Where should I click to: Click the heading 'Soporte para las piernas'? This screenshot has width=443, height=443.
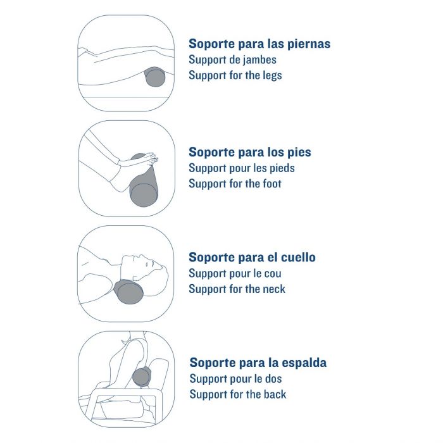[x=259, y=44]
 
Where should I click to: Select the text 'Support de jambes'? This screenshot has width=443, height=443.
[x=232, y=60]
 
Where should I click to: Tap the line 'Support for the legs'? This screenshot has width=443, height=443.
[x=235, y=76]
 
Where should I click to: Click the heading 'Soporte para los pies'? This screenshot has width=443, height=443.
[x=250, y=153]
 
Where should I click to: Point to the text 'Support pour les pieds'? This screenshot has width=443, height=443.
[x=242, y=168]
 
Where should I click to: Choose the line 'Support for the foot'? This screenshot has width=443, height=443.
[x=235, y=184]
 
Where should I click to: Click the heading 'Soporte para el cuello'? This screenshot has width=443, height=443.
[x=252, y=258]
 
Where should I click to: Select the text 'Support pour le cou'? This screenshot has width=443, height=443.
[x=235, y=273]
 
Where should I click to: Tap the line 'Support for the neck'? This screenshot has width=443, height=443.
[x=237, y=289]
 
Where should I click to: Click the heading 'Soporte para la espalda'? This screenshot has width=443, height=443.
[x=258, y=363]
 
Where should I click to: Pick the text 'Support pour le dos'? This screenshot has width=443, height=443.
[x=235, y=379]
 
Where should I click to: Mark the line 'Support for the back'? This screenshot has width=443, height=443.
[x=238, y=395]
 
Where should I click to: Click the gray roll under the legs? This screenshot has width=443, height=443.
[x=155, y=77]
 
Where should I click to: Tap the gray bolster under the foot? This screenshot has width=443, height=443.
[x=144, y=187]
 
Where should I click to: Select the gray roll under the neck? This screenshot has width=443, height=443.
[x=128, y=292]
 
